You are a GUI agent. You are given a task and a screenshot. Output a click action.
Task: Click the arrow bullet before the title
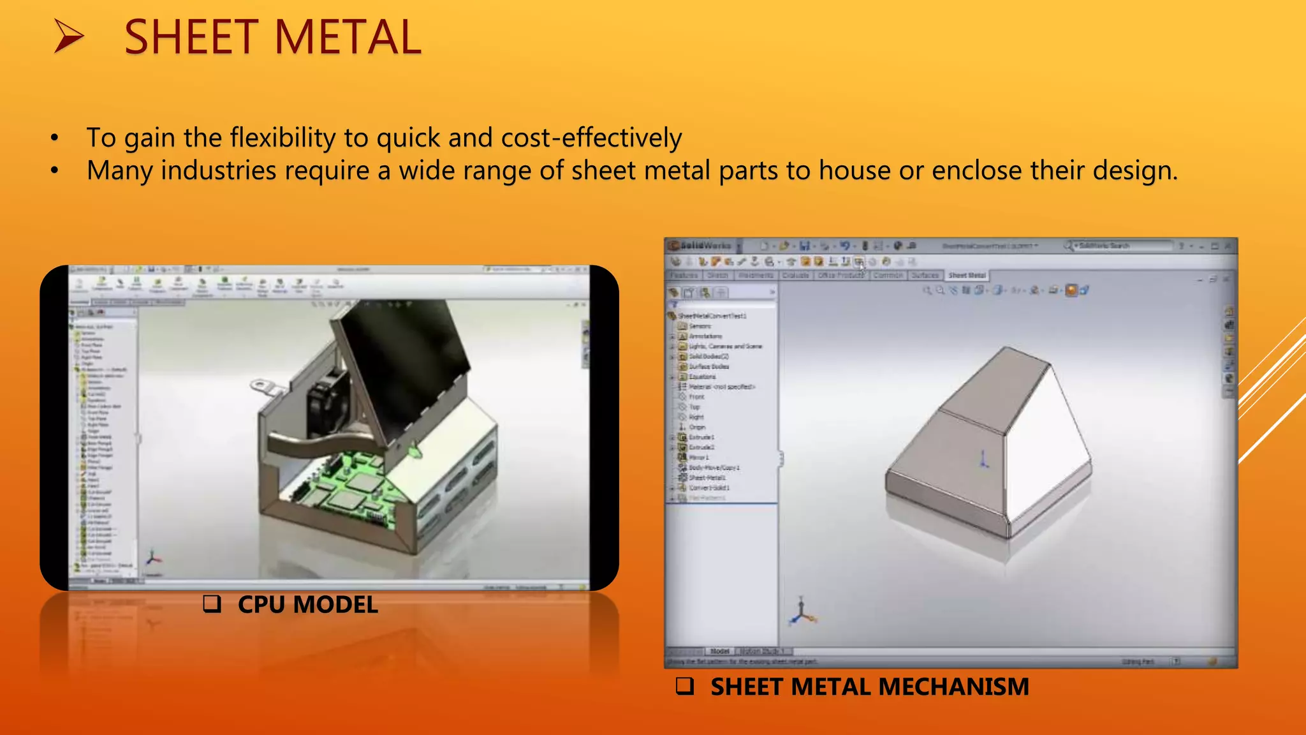(x=69, y=36)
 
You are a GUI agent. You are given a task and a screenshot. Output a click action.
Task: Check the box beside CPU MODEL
(x=212, y=604)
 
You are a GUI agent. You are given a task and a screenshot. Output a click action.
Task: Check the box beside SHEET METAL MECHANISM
(x=685, y=686)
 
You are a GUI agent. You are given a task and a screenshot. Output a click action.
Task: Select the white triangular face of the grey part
(x=1046, y=447)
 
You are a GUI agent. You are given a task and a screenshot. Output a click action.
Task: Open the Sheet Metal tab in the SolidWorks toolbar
(x=967, y=276)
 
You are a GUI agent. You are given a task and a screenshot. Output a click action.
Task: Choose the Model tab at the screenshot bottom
(x=719, y=651)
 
